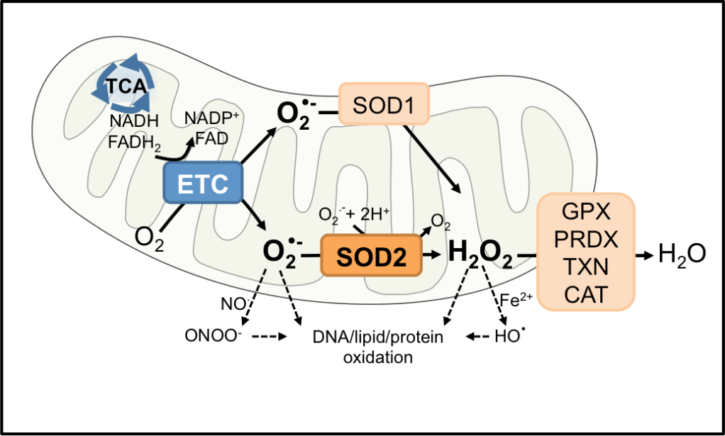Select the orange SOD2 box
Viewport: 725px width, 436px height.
click(x=371, y=255)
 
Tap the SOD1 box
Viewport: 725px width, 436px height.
click(x=384, y=105)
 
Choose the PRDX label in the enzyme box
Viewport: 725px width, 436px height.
click(x=585, y=239)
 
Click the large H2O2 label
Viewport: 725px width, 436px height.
click(x=480, y=254)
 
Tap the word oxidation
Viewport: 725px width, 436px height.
click(x=377, y=357)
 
